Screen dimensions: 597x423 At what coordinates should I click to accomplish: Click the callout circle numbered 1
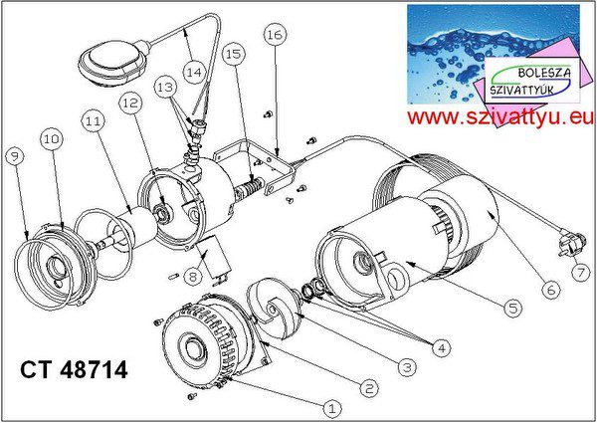pos(331,409)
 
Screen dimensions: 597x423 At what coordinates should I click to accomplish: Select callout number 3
pos(407,366)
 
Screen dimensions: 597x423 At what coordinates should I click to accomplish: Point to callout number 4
pos(441,346)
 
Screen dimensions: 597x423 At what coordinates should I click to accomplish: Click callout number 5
pos(512,308)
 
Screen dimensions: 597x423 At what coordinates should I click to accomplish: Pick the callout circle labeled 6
pos(551,291)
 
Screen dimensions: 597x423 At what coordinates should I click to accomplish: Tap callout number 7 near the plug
pos(581,274)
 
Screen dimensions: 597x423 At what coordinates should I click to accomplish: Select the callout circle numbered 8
pos(193,277)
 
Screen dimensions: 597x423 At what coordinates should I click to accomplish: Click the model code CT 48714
pos(74,369)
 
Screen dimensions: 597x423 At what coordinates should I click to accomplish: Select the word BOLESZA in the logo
pos(544,73)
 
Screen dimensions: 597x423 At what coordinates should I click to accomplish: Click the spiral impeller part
pos(274,308)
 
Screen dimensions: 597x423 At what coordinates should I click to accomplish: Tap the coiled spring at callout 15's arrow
pos(250,188)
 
